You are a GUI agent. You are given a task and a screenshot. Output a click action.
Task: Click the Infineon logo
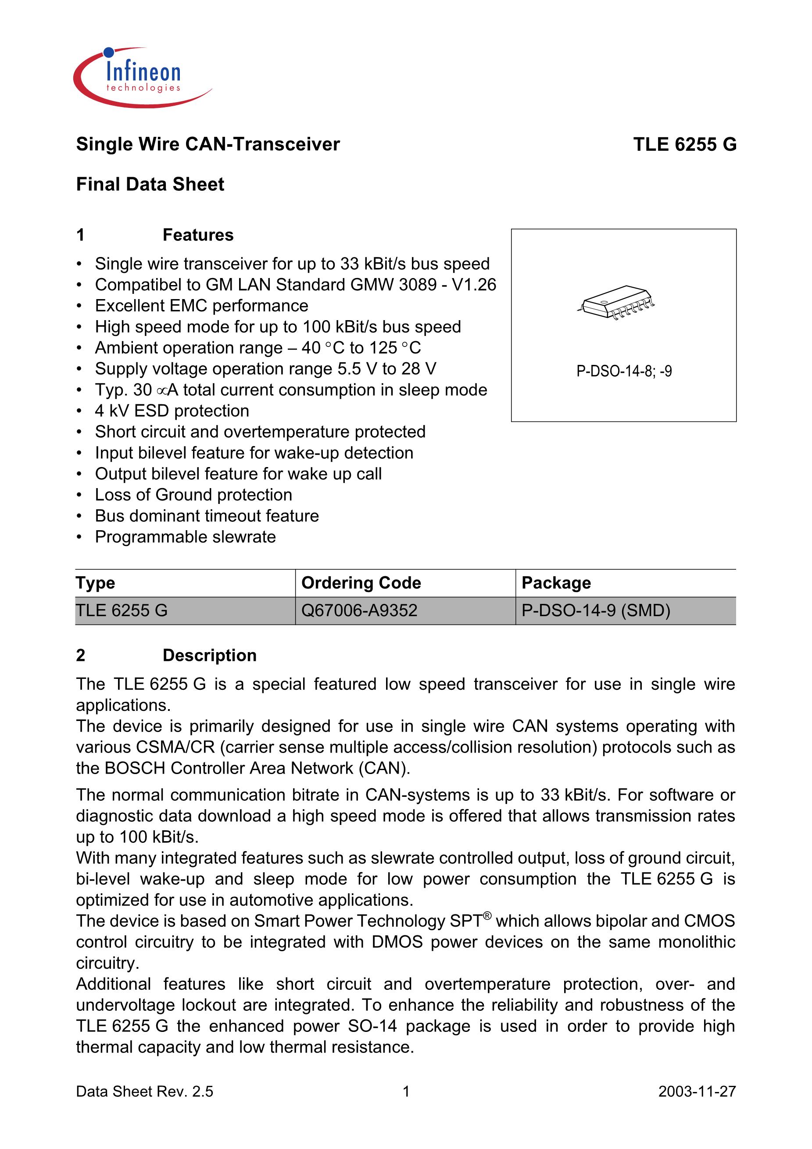point(142,78)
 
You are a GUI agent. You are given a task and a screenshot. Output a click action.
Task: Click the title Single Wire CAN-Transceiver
point(208,144)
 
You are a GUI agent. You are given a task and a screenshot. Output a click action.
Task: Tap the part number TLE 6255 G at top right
point(684,144)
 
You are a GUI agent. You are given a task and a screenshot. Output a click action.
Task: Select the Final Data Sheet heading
point(150,184)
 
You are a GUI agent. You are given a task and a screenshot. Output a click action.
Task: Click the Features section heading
point(198,235)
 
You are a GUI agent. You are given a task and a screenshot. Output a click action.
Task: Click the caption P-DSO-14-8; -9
point(624,371)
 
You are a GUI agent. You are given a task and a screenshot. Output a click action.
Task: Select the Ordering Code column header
point(361,582)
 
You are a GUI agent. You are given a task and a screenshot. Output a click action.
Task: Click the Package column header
point(556,582)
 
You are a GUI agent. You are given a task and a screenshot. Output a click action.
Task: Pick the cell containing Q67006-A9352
point(359,610)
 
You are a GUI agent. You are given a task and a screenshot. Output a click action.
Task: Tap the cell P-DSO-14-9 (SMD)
point(596,610)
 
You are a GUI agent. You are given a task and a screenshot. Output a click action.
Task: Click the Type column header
point(96,582)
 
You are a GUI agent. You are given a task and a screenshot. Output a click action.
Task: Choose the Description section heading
point(209,655)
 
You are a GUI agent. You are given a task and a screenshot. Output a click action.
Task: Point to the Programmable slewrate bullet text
point(185,537)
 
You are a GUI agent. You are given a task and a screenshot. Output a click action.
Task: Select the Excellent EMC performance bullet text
point(201,306)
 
